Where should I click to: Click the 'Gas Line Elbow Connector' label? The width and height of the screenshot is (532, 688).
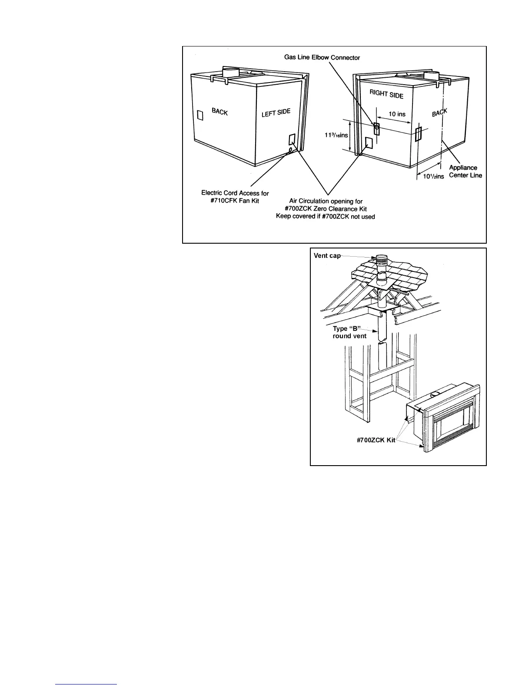pos(322,57)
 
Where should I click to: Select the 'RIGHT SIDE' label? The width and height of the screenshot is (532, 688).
pos(386,93)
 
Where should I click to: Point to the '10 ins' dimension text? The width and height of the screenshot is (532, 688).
pos(396,114)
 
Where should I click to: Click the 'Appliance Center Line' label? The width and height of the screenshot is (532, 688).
pos(465,172)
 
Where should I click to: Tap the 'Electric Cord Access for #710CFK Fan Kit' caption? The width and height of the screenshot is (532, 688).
pos(235,197)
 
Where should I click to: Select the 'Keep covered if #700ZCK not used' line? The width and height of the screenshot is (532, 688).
pos(326,216)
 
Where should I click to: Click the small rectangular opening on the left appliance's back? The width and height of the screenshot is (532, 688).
pos(200,115)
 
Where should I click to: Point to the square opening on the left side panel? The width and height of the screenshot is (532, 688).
pos(292,139)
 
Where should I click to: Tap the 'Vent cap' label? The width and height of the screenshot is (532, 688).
pos(327,256)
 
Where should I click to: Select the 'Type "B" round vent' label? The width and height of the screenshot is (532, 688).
pos(349,332)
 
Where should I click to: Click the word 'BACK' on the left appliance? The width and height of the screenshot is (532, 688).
pos(219,112)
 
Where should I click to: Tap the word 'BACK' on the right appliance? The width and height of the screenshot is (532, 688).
pos(439,113)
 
